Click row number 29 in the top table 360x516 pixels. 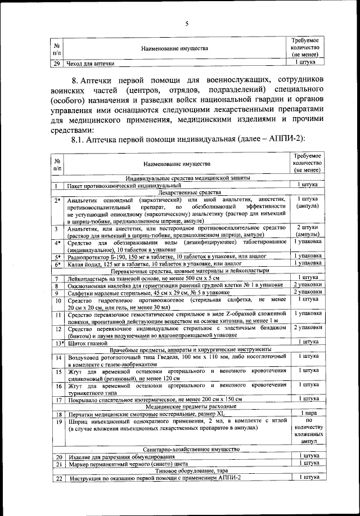56,64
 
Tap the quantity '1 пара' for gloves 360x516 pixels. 308,414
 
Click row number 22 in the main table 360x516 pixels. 57,478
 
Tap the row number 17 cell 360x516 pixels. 57,400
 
